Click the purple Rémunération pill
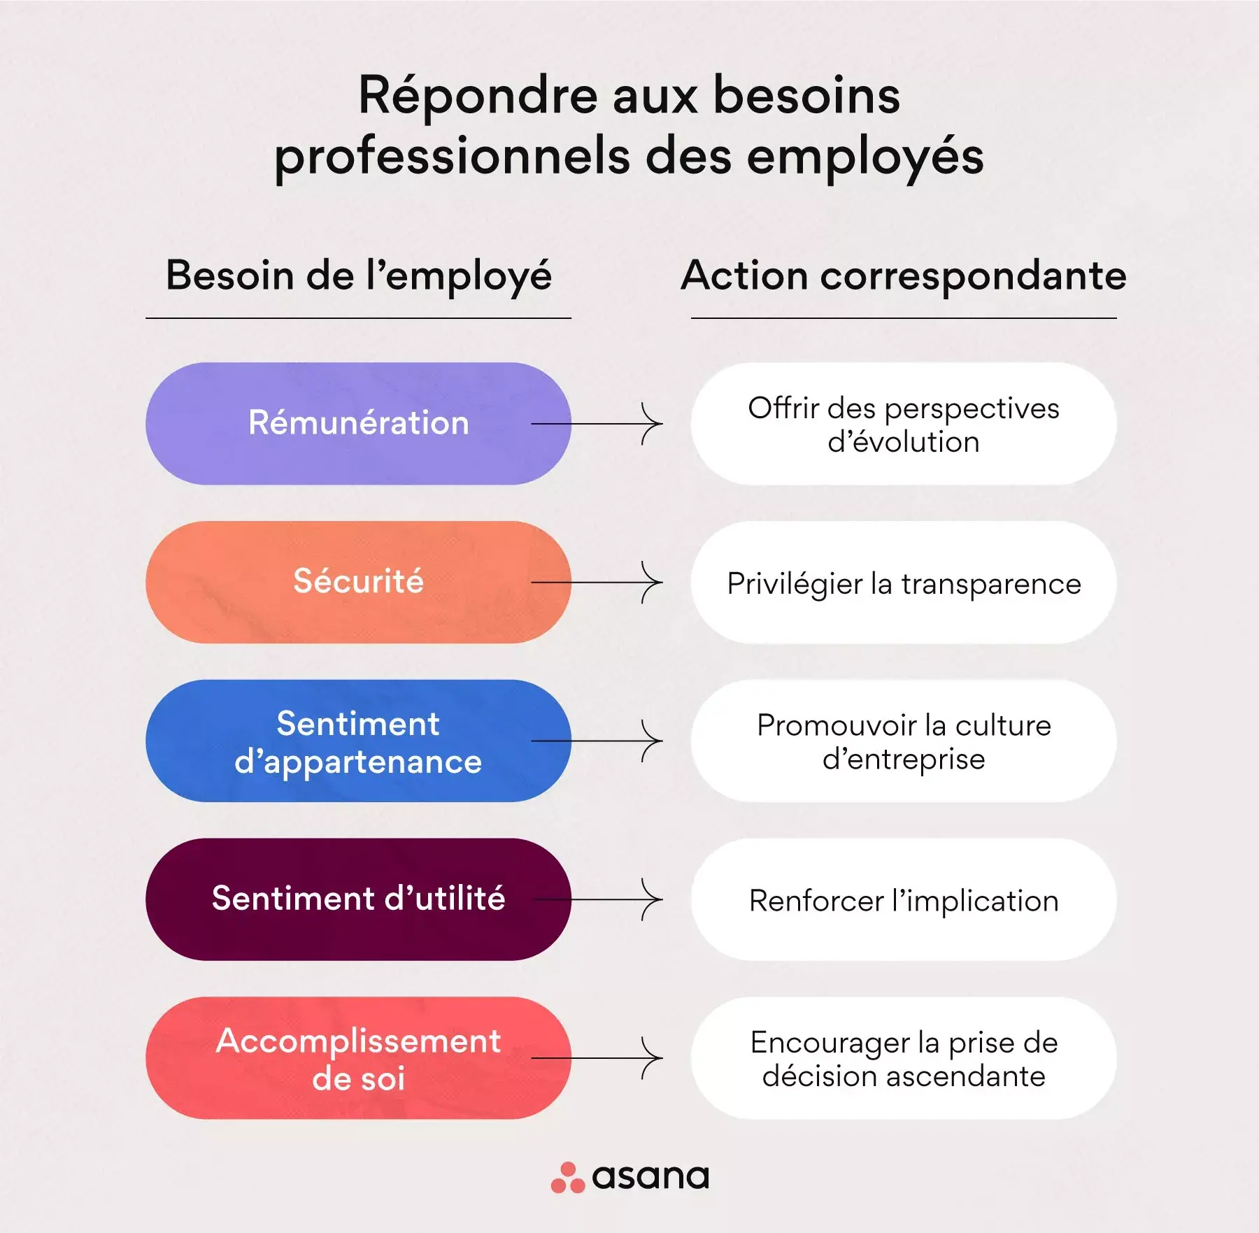[x=358, y=423]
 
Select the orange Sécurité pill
[x=358, y=582]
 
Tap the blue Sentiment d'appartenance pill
[x=358, y=741]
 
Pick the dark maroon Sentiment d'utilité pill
[x=358, y=899]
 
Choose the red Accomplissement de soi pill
[x=358, y=1058]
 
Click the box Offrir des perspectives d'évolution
[x=904, y=423]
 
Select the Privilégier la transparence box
[x=904, y=582]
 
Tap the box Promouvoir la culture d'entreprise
[x=904, y=741]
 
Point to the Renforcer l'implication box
[x=904, y=899]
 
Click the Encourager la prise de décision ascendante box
[x=904, y=1058]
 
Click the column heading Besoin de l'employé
[x=358, y=276]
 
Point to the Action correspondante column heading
[x=904, y=276]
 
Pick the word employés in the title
[x=865, y=157]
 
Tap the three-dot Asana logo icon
[x=568, y=1178]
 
